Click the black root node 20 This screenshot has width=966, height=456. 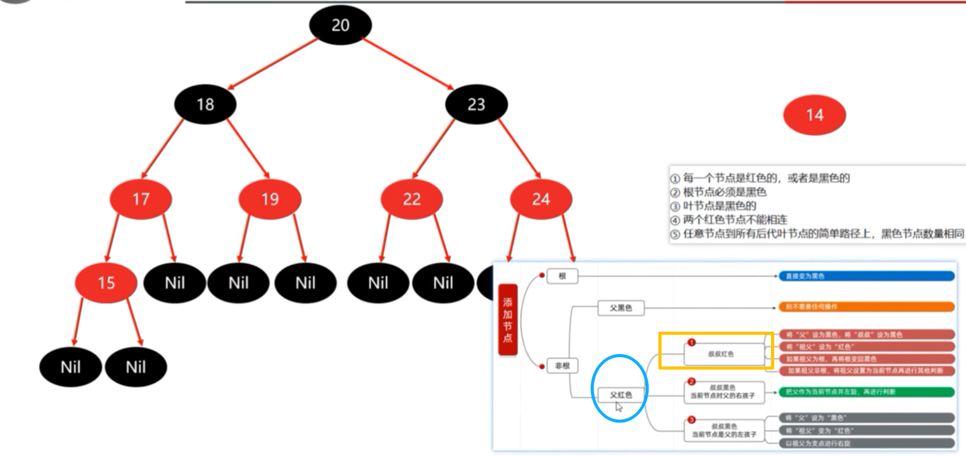pyautogui.click(x=341, y=25)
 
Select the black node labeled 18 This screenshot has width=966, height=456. pyautogui.click(x=205, y=104)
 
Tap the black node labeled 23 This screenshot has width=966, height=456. pyautogui.click(x=476, y=104)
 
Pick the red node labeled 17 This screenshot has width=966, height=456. pyautogui.click(x=141, y=199)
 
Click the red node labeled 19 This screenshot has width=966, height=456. pyautogui.click(x=270, y=199)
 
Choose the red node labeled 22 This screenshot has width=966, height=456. pyautogui.click(x=412, y=199)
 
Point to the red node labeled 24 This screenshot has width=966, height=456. pyautogui.click(x=541, y=199)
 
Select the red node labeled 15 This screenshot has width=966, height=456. pyautogui.click(x=106, y=283)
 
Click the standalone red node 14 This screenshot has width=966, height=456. pyautogui.click(x=815, y=115)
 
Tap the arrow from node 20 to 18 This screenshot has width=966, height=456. pyautogui.click(x=273, y=63)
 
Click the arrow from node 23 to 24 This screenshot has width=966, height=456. pyautogui.click(x=519, y=148)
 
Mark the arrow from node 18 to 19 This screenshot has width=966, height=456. pyautogui.click(x=248, y=148)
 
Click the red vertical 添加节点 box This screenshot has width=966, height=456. pyautogui.click(x=507, y=319)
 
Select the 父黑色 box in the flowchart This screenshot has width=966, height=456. pyautogui.click(x=621, y=308)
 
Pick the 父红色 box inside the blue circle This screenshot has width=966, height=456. pyautogui.click(x=621, y=395)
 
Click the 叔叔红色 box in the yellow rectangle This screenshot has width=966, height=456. pyautogui.click(x=721, y=354)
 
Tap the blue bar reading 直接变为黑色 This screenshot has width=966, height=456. pyautogui.click(x=866, y=276)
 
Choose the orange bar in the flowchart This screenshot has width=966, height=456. pyautogui.click(x=866, y=307)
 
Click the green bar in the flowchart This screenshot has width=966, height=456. pyautogui.click(x=866, y=392)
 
